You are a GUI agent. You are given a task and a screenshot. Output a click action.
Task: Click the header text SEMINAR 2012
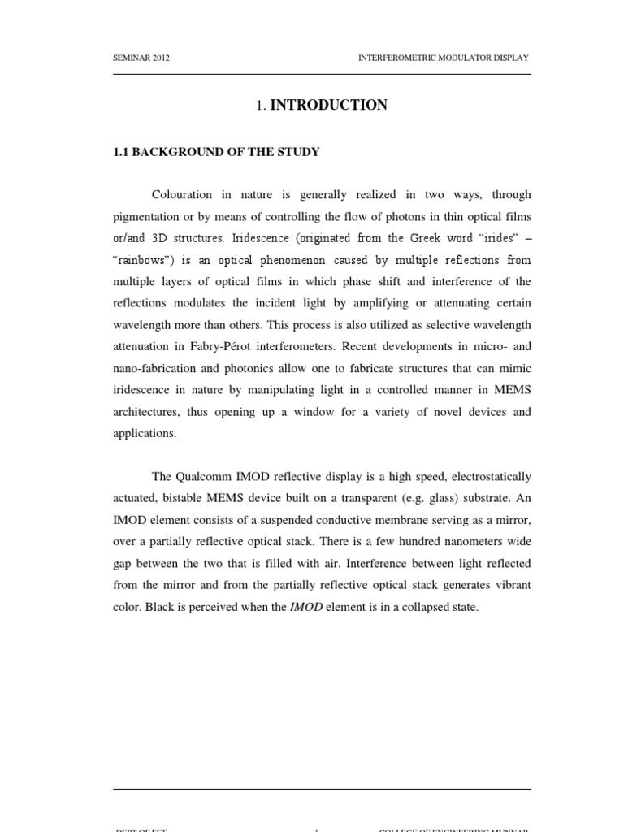(142, 58)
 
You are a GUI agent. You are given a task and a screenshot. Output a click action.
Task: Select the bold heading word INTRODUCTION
(328, 105)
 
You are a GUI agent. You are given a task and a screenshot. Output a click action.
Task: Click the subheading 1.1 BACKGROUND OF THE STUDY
(215, 152)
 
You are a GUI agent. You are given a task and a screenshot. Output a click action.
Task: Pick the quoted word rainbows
(144, 260)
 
